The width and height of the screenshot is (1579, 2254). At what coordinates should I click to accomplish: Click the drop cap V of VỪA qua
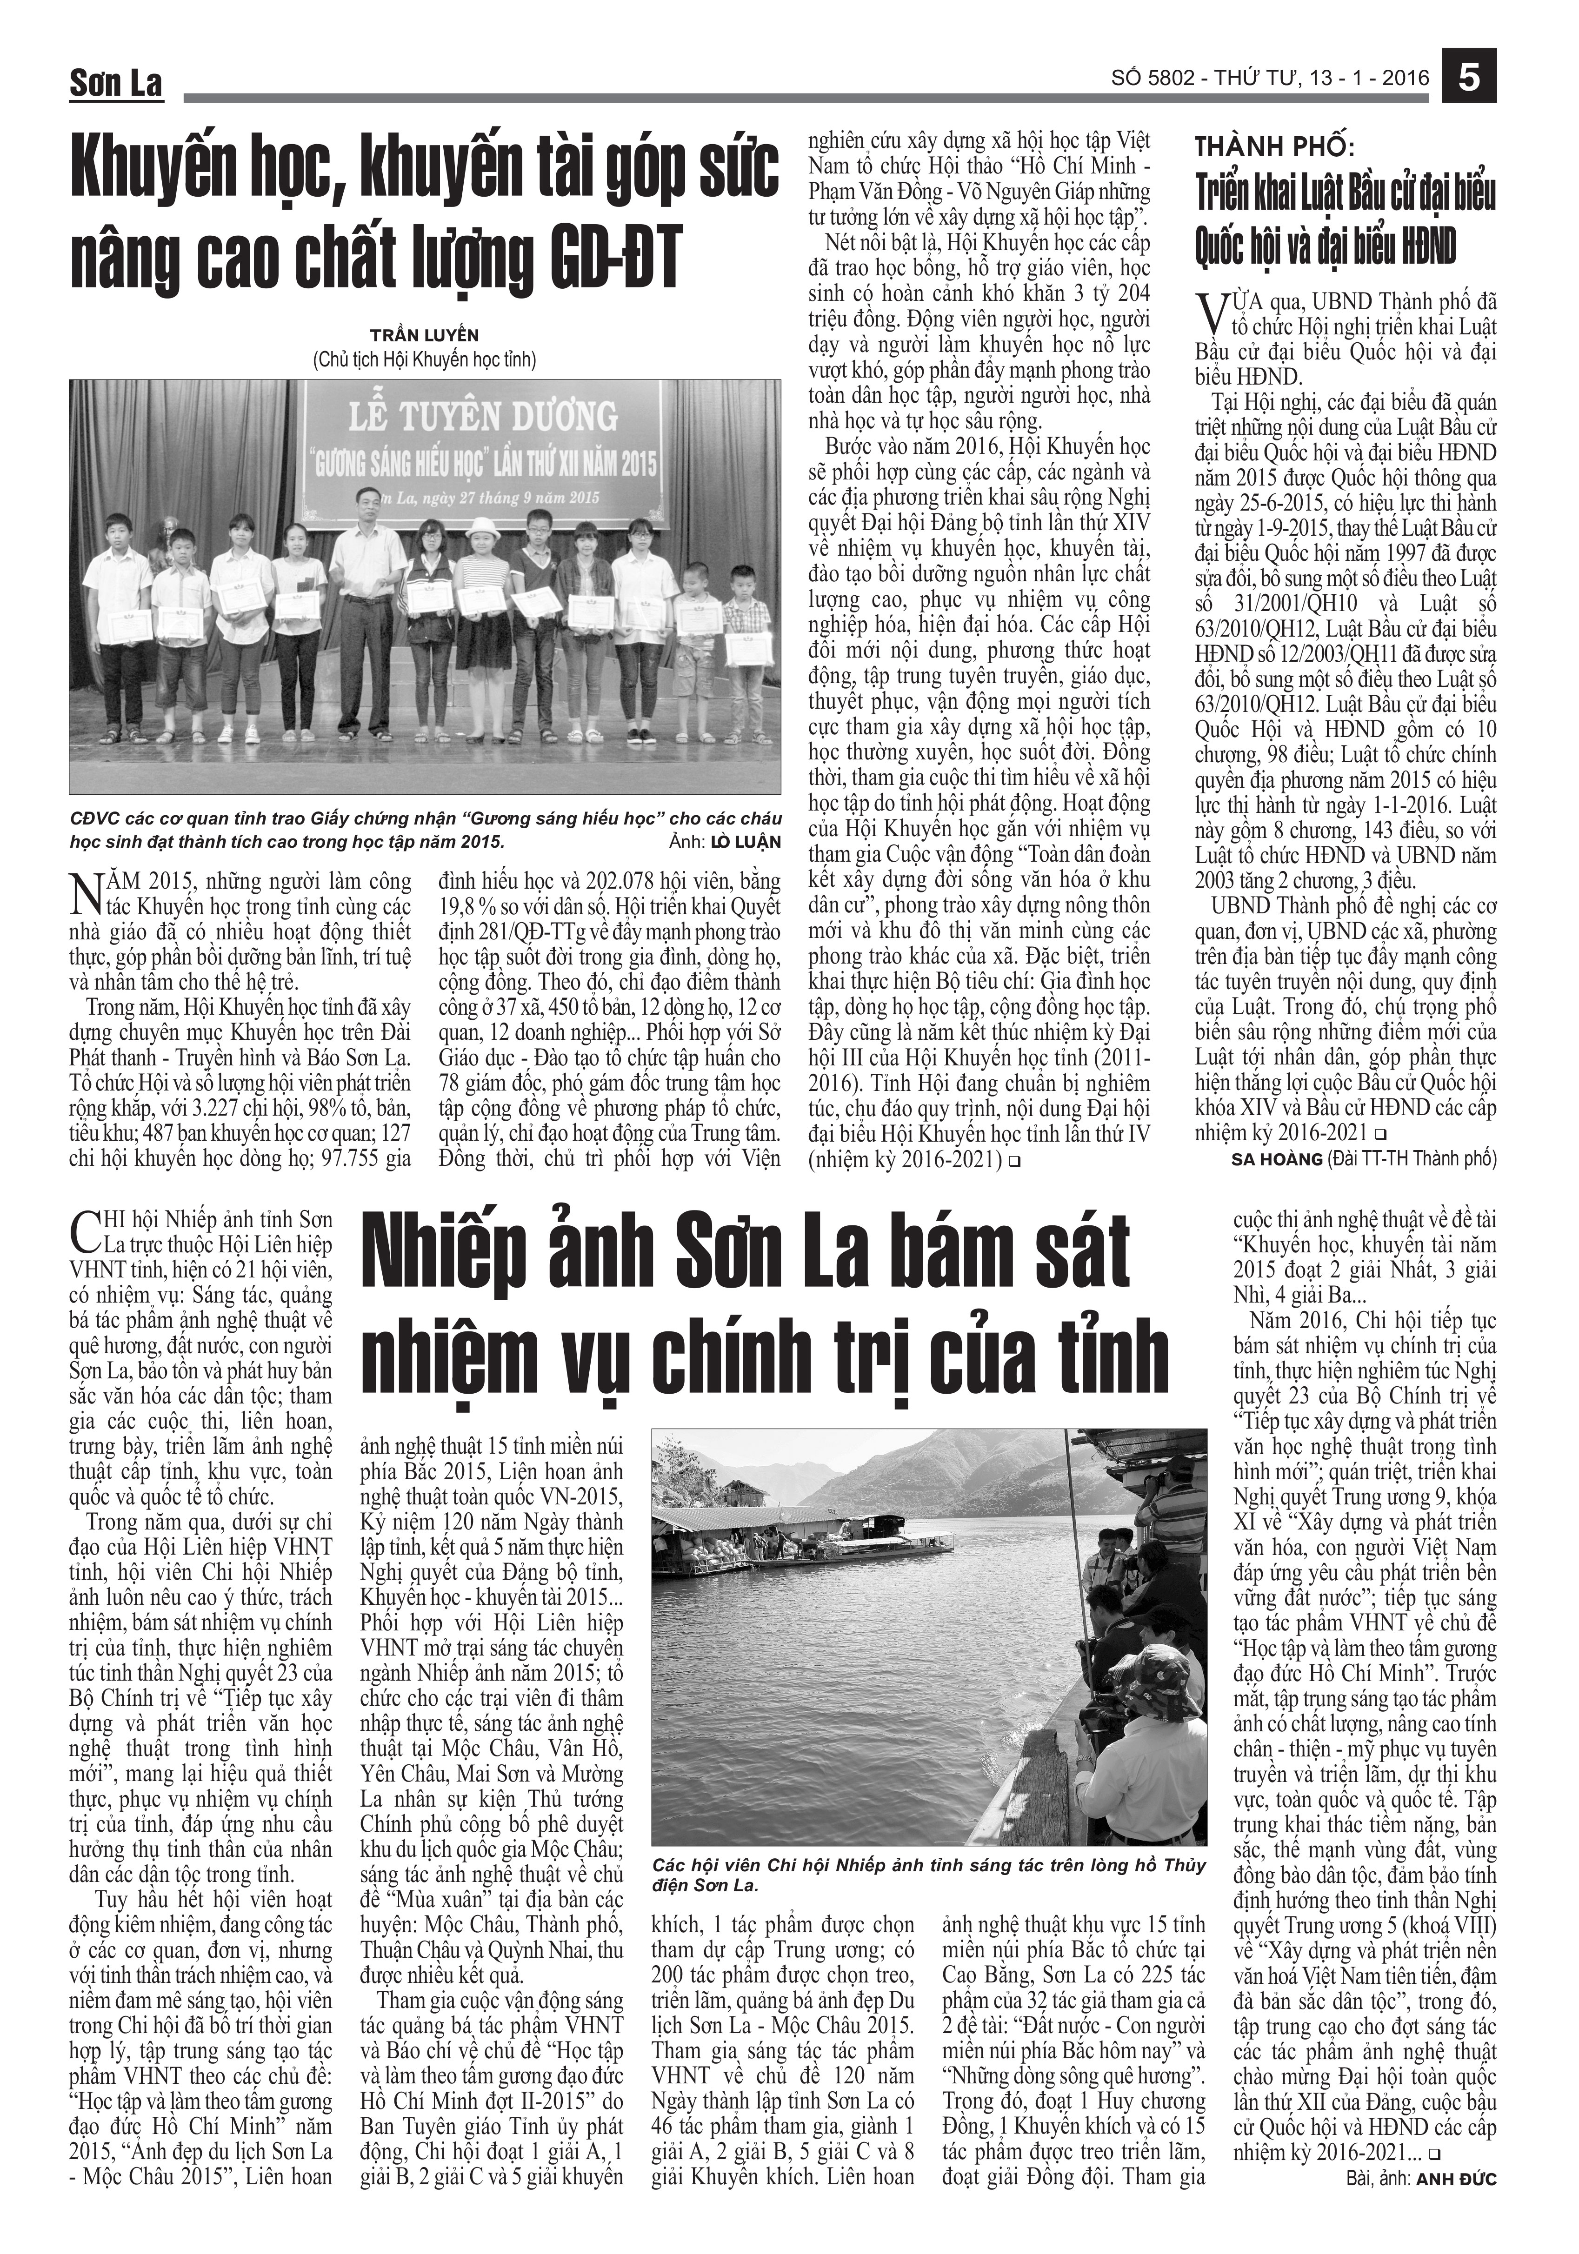[1209, 314]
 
